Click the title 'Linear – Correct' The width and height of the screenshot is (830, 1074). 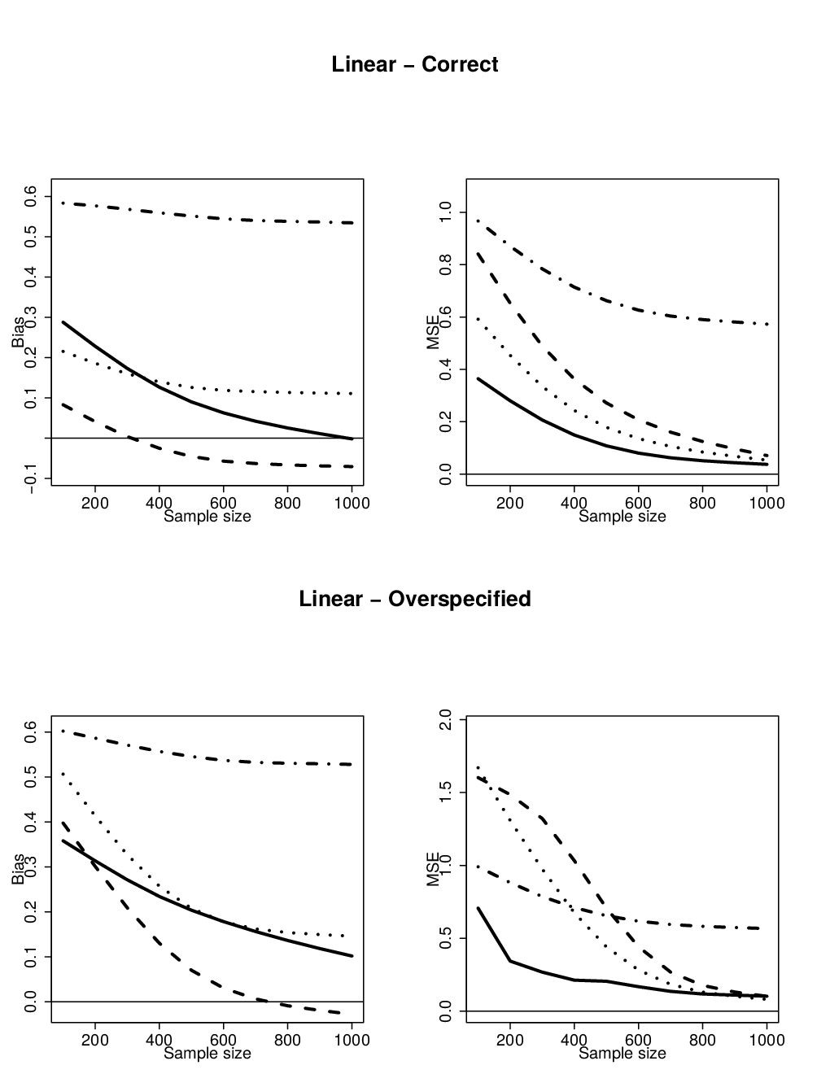(x=415, y=65)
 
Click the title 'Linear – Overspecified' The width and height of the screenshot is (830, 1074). (x=415, y=600)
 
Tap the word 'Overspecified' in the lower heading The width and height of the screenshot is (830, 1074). (x=460, y=600)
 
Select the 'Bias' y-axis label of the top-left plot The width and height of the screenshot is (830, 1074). (x=18, y=332)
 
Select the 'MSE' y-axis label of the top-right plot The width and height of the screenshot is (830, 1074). (x=433, y=332)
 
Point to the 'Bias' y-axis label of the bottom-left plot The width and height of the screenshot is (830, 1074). (x=18, y=869)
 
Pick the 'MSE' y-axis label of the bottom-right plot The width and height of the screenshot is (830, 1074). (x=433, y=869)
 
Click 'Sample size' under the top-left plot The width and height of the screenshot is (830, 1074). (x=207, y=517)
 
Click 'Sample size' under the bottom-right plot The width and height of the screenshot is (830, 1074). (x=622, y=1053)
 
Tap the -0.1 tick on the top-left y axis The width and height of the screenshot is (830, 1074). (x=30, y=478)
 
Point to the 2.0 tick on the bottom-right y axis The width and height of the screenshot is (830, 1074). (x=445, y=720)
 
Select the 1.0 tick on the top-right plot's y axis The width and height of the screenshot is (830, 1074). (x=445, y=212)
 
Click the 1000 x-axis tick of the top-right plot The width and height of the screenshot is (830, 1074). (x=767, y=503)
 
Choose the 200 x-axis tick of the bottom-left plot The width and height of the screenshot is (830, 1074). (x=95, y=1040)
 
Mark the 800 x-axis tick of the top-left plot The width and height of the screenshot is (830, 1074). (x=287, y=503)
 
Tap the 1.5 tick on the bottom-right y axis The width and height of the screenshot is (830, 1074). (x=445, y=792)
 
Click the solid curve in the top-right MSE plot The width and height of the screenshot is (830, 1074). (x=574, y=434)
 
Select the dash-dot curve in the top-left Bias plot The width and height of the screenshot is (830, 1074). (x=207, y=213)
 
